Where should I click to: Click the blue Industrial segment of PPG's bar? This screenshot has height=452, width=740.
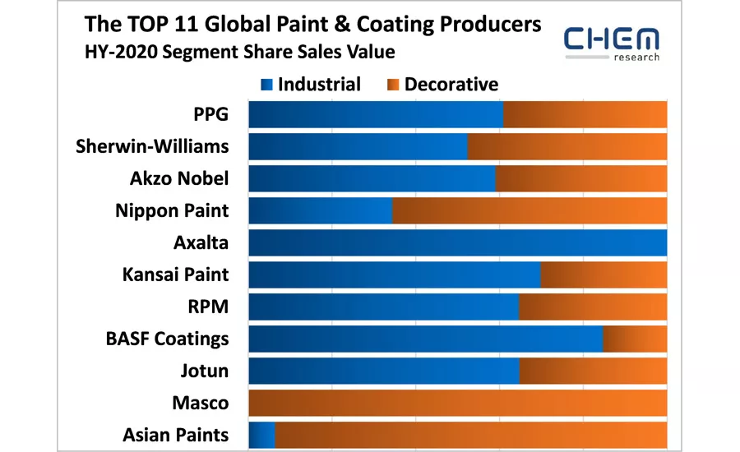(375, 115)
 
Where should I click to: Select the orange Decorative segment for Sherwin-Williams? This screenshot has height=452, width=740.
(567, 147)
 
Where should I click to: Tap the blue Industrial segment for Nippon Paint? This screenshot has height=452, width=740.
(320, 211)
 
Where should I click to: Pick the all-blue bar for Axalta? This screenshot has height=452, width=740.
(457, 243)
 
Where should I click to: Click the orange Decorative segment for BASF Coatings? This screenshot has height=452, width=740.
(635, 339)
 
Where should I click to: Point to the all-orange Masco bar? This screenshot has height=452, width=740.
(457, 403)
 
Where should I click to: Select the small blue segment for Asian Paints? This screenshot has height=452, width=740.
(261, 435)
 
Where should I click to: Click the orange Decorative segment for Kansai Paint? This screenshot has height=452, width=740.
(604, 274)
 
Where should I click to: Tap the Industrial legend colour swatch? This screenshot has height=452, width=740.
(266, 85)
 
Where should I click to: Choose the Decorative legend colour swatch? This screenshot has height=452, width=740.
(393, 85)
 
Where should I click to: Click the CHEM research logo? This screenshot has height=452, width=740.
(612, 43)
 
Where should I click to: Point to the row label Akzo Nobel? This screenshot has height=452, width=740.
(179, 179)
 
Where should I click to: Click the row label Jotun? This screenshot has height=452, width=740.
(204, 371)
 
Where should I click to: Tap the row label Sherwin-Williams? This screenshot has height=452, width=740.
(152, 147)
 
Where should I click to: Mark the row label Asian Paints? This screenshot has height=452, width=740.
(175, 435)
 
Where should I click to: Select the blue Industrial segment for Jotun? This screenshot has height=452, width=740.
(383, 371)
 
